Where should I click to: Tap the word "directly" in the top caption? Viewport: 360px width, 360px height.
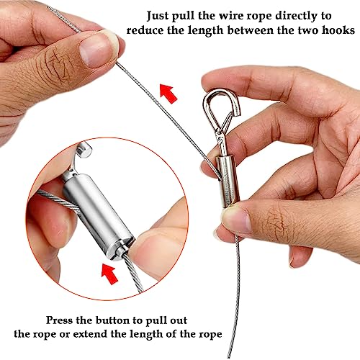point(297,17)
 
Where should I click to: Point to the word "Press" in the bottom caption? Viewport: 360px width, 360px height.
point(59,320)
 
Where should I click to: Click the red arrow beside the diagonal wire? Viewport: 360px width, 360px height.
point(168,94)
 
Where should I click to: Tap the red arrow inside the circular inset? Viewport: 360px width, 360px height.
point(109,273)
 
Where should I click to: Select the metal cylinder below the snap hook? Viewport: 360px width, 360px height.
point(228,181)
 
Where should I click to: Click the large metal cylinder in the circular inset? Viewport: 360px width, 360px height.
point(99,215)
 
